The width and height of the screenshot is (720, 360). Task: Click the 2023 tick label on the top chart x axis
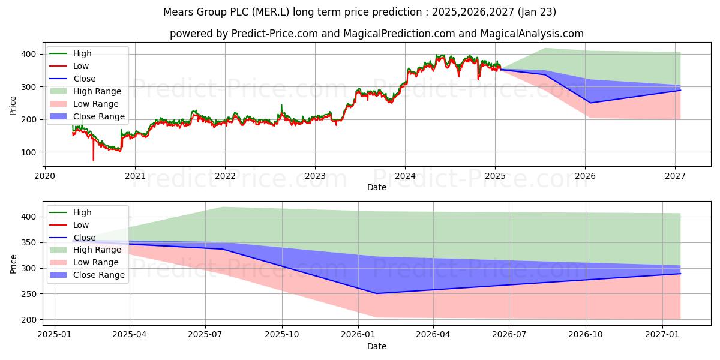coord(315,176)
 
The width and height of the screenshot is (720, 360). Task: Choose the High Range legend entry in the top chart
coord(97,91)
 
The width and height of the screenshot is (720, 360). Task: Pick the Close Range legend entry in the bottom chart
coord(98,275)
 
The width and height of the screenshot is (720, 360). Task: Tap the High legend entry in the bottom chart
coord(82,212)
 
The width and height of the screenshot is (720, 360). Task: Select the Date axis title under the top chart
coord(377,187)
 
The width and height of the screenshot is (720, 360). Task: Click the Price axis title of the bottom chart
coord(13,263)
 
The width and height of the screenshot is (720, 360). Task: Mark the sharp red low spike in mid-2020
coord(93,160)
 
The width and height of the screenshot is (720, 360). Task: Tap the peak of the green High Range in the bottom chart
coord(223,207)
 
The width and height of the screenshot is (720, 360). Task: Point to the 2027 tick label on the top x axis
coord(676,176)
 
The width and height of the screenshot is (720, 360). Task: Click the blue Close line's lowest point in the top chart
coord(590,103)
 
